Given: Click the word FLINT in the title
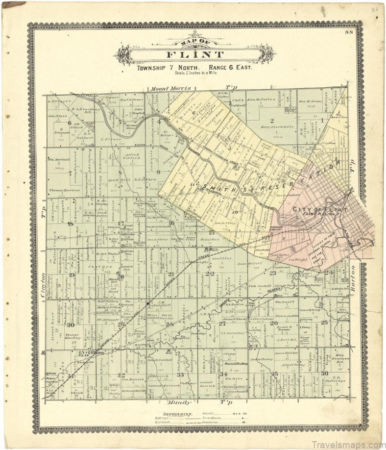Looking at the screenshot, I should pyautogui.click(x=195, y=54).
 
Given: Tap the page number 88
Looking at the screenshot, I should pyautogui.click(x=348, y=32).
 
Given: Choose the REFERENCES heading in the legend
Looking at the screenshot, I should pyautogui.click(x=168, y=414).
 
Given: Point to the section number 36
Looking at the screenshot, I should pyautogui.click(x=324, y=374).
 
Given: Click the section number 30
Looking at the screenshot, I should pyautogui.click(x=71, y=325).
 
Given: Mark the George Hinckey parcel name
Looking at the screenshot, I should pyautogui.click(x=72, y=338).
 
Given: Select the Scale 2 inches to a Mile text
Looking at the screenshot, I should pyautogui.click(x=194, y=73).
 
